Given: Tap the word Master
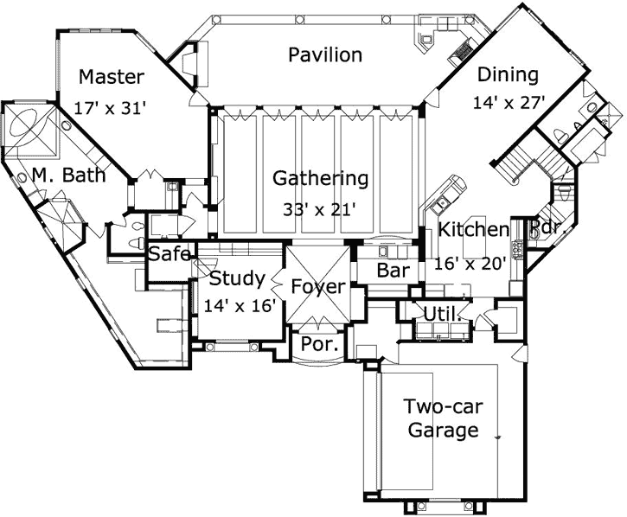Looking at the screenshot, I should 111,77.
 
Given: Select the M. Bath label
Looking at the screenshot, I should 70,176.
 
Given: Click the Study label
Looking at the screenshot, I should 236,278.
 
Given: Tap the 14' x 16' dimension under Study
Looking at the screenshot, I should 239,304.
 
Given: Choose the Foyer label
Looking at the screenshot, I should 317,287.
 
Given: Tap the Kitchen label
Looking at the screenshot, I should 472,230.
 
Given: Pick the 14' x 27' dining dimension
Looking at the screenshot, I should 509,102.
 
